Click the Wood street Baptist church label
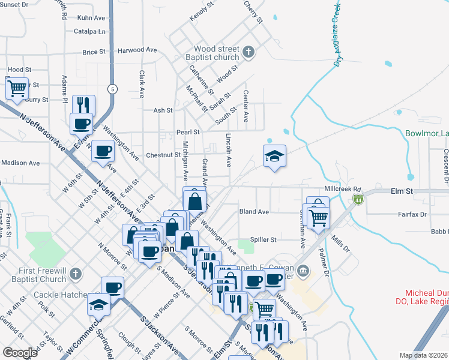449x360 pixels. pos(216,53)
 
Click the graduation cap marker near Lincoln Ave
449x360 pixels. pos(274,156)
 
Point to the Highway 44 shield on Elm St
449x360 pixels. pos(358,198)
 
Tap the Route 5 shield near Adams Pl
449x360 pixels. pos(112,89)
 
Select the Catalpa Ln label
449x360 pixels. pos(89,31)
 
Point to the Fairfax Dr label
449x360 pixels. pos(412,214)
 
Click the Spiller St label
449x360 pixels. pos(263,239)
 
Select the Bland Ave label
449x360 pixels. pos(253,212)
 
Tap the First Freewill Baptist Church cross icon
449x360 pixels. pos(75,274)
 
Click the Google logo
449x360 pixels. pos(20,353)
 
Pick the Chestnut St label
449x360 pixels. pos(163,155)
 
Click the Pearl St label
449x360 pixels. pos(187,132)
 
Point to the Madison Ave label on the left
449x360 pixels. pos(20,163)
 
